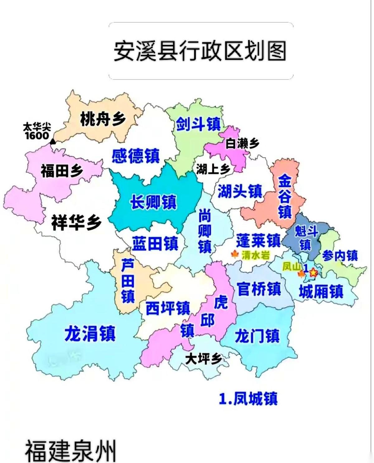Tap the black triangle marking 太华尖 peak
click(53, 142)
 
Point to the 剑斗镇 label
click(198, 124)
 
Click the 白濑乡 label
click(242, 144)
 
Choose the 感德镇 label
click(136, 156)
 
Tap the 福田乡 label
click(62, 171)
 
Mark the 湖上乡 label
click(213, 169)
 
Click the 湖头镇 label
click(240, 191)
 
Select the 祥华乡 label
click(76, 222)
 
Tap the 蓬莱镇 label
click(258, 240)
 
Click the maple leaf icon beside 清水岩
click(235, 255)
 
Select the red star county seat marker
click(313, 273)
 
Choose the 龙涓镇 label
click(90, 333)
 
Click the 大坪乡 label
click(204, 359)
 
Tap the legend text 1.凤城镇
click(248, 399)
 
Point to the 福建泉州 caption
click(70, 451)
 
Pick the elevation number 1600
click(37, 136)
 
